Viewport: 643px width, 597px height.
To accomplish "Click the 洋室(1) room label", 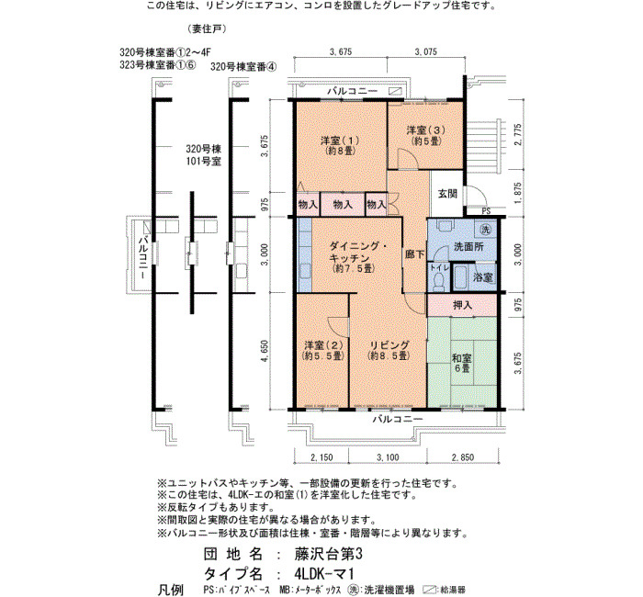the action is point(340,145).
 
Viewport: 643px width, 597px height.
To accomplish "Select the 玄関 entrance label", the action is point(447,194).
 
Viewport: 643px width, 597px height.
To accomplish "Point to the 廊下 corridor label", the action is point(415,254).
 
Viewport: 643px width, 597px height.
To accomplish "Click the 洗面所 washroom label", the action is point(468,247).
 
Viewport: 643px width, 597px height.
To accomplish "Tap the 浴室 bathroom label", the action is point(483,277).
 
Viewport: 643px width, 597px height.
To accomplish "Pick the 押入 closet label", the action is point(463,305).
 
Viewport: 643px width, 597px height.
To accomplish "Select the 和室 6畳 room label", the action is point(462,363).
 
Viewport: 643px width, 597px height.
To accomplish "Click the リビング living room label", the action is point(389,350).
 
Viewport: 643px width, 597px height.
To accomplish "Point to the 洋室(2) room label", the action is point(322,350).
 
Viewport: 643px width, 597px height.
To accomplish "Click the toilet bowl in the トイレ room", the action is point(438,281).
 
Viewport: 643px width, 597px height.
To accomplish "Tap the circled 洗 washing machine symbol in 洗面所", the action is point(485,230).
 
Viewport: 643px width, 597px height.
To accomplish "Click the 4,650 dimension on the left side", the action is point(265,351).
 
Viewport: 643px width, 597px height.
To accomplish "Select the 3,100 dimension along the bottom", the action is point(388,457).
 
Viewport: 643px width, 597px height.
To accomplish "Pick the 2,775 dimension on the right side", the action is point(518,134).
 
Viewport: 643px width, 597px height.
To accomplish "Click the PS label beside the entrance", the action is point(486,211).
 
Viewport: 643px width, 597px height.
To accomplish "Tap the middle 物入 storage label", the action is point(343,204).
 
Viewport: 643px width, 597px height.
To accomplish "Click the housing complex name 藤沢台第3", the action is point(329,555).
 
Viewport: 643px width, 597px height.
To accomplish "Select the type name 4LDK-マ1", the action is point(323,573).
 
